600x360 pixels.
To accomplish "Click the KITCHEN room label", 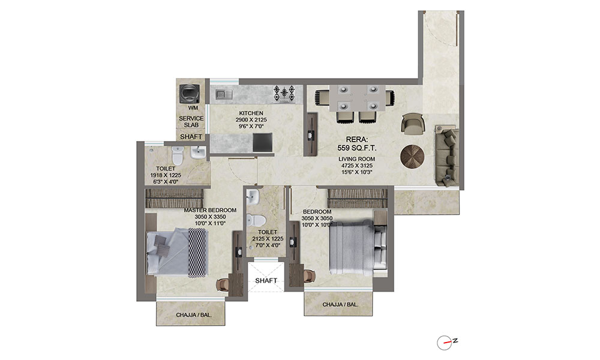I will point(251,113).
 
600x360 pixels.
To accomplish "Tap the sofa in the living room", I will point(446,154).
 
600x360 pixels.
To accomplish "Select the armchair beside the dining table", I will point(412,124).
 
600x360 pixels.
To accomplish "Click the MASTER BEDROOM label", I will point(210,210).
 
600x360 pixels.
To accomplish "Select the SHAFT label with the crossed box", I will point(266,280).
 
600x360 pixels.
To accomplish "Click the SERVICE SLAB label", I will point(191,122).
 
